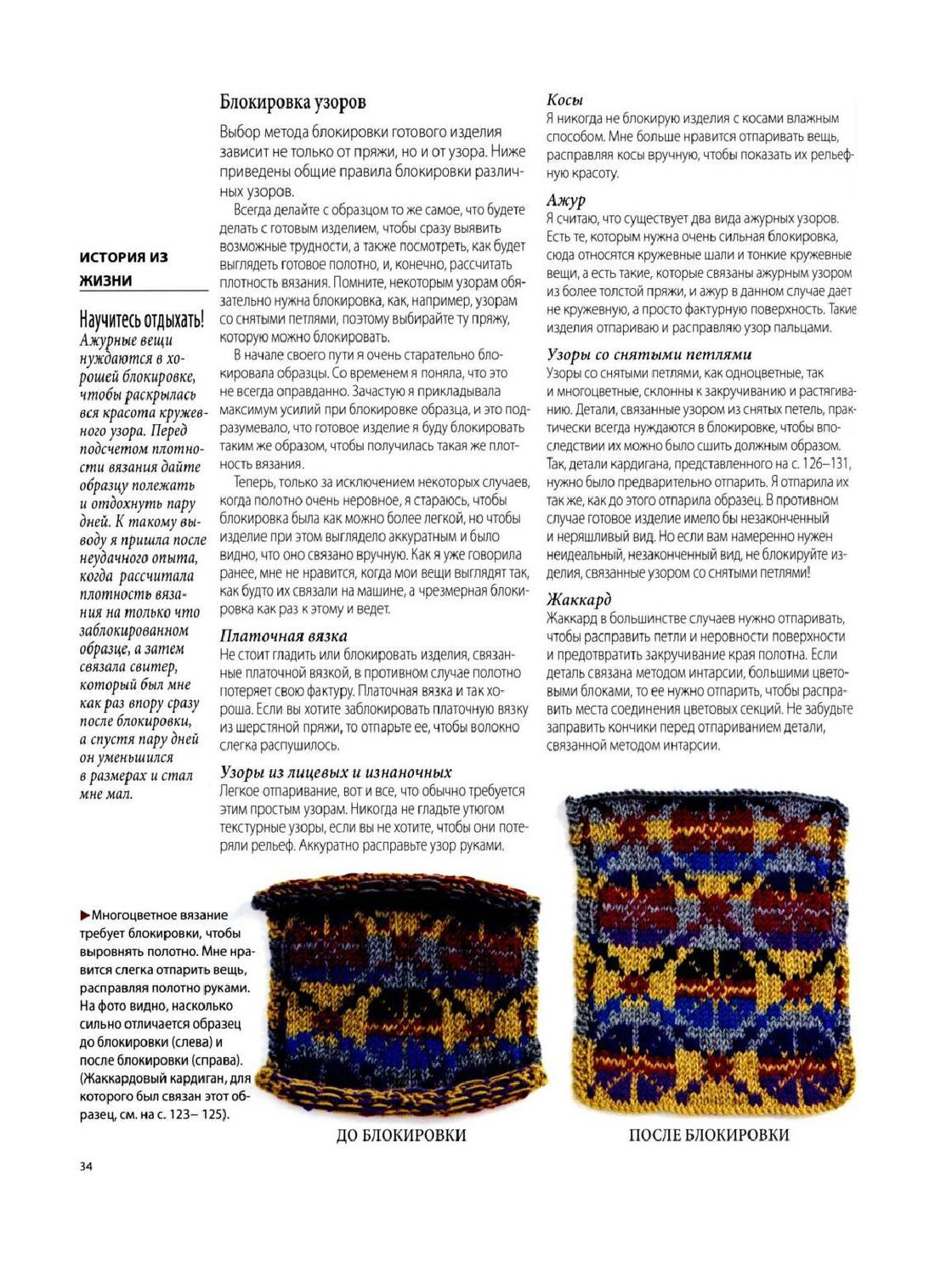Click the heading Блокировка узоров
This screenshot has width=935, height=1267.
click(292, 103)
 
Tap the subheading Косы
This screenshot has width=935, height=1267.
click(564, 99)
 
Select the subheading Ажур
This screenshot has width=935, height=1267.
click(566, 201)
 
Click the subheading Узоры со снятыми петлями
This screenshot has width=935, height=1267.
click(649, 354)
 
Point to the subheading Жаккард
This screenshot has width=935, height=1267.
click(579, 600)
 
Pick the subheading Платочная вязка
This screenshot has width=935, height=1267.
click(283, 636)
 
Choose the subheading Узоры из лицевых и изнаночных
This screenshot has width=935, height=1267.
click(336, 772)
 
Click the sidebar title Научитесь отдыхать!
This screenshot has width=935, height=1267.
click(141, 320)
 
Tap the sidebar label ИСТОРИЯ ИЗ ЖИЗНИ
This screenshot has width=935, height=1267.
click(123, 269)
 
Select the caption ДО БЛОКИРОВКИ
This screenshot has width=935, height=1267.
click(401, 1135)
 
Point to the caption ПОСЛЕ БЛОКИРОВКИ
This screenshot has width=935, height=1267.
click(709, 1135)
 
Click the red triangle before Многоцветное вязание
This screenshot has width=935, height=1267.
click(84, 915)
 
